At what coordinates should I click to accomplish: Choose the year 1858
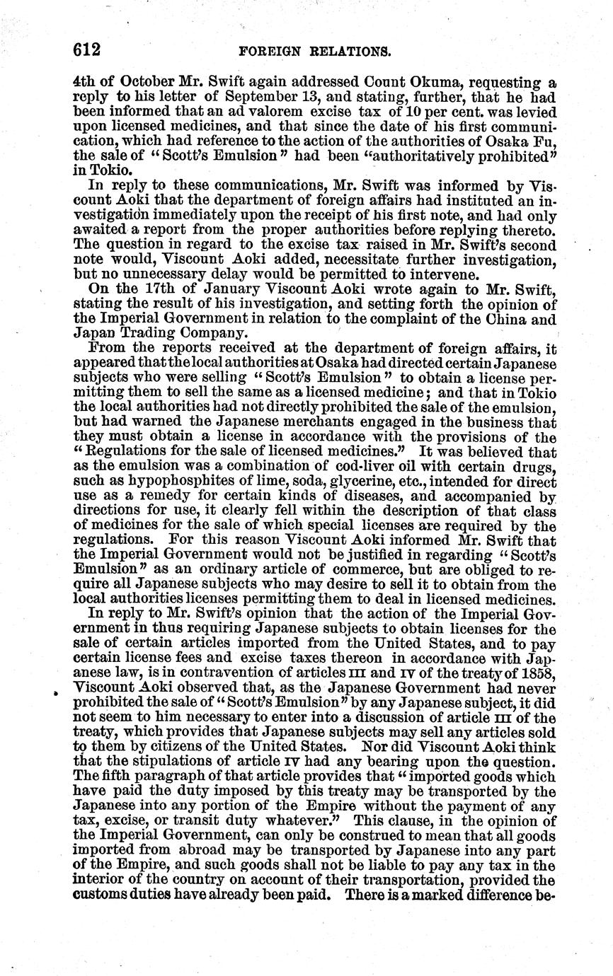coord(541,673)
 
